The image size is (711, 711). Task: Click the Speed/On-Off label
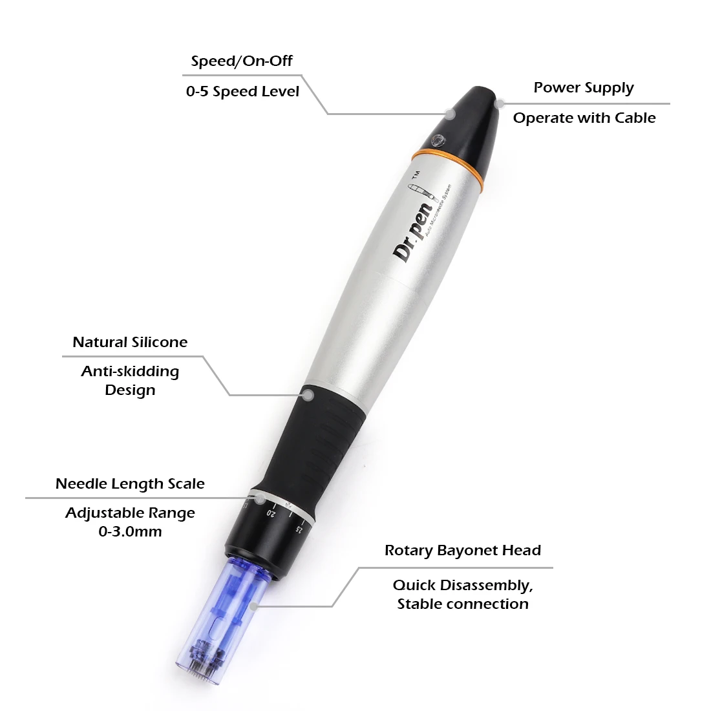[x=242, y=61]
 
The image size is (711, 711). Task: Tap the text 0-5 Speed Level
[x=242, y=92]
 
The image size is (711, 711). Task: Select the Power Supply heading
[x=584, y=88]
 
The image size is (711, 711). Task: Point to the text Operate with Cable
[x=584, y=118]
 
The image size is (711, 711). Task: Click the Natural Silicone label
[x=130, y=343]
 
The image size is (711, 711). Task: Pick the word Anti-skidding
[x=130, y=372]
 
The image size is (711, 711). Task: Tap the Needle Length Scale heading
[x=130, y=484]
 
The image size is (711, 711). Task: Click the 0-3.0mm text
[x=130, y=532]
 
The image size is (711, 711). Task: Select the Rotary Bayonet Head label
[x=463, y=551]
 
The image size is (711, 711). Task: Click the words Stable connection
[x=463, y=604]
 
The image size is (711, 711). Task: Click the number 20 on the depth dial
[x=271, y=513]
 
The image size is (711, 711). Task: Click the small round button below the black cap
[x=439, y=138]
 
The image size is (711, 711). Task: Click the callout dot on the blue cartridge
[x=254, y=606]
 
